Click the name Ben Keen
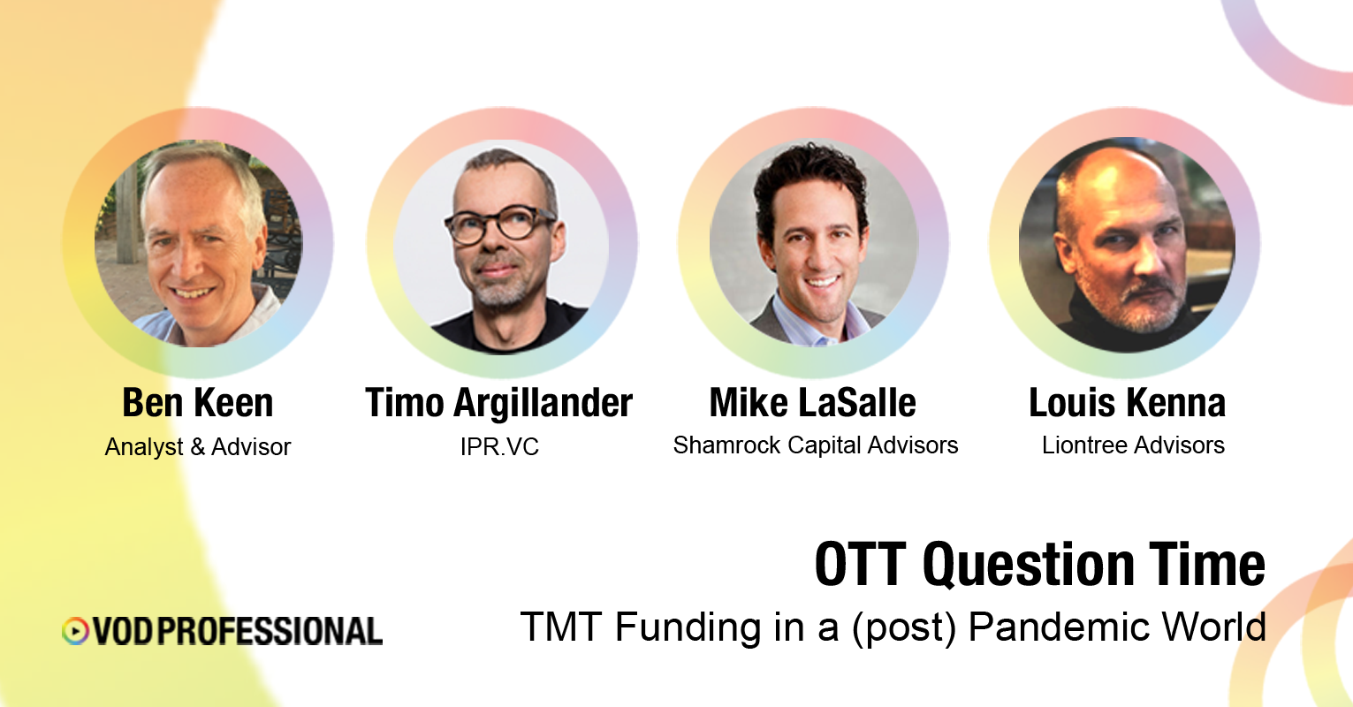coord(197,402)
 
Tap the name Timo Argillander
coord(499,402)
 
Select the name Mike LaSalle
coord(812,402)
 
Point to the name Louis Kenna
coord(1127,402)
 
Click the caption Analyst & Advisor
coord(197,447)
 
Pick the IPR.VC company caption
coord(499,447)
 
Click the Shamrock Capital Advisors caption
coord(816,445)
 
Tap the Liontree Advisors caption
coord(1133,445)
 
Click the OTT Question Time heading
coord(1039,565)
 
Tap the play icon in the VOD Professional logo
coord(75,631)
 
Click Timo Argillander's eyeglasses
coord(500,224)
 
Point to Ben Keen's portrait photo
coord(199,243)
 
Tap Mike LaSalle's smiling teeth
coord(822,282)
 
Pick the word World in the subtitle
coord(1214,627)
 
